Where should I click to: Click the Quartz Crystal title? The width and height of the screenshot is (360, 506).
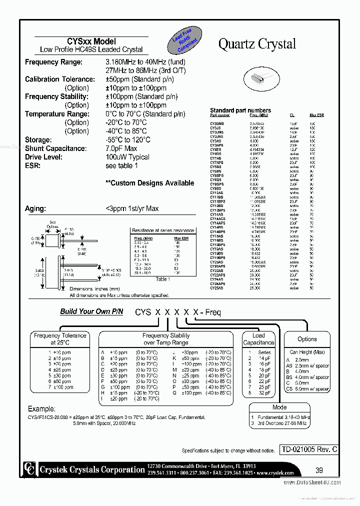(257, 44)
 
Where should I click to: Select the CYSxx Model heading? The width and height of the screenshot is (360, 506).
(91, 41)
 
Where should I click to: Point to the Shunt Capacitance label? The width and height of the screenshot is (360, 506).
(55, 148)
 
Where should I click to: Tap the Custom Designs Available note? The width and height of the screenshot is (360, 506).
(149, 183)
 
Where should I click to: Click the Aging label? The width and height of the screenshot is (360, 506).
(35, 208)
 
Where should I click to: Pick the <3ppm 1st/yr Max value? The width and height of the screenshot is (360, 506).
(132, 208)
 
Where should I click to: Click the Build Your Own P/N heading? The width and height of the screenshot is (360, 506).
(91, 311)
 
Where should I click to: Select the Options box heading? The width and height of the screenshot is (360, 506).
(307, 339)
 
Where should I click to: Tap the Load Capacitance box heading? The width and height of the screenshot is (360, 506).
(258, 339)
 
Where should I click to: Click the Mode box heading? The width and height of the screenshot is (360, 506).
(279, 407)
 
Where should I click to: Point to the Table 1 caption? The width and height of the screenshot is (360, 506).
(162, 279)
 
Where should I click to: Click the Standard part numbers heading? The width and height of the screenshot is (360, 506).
(240, 110)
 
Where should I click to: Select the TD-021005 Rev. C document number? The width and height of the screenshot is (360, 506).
(308, 449)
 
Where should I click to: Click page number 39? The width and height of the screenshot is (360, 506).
(320, 470)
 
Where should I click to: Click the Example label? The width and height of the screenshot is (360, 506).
(42, 409)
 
